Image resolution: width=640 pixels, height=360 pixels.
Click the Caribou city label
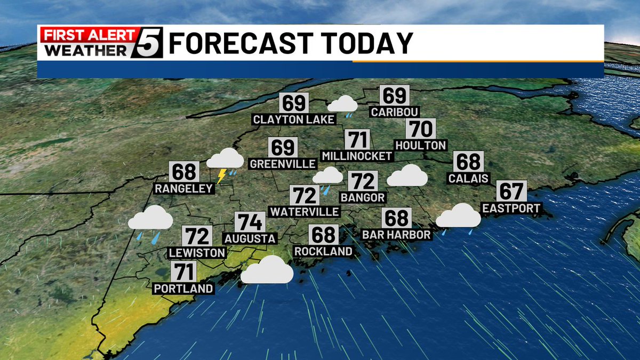coord(395,112)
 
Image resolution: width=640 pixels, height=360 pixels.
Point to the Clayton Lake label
coord(294,119)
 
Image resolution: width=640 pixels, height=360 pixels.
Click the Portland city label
coord(183,289)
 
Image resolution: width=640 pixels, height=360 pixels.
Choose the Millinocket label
coord(357,156)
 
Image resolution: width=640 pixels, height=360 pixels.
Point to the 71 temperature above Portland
coord(184,273)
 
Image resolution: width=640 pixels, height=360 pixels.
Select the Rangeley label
coord(184,188)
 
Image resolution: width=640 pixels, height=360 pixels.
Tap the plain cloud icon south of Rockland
coord(267,270)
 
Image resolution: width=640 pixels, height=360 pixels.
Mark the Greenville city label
coord(283,163)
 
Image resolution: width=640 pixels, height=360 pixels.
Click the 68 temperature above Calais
coord(468,162)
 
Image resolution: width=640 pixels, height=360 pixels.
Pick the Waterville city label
coord(304,212)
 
